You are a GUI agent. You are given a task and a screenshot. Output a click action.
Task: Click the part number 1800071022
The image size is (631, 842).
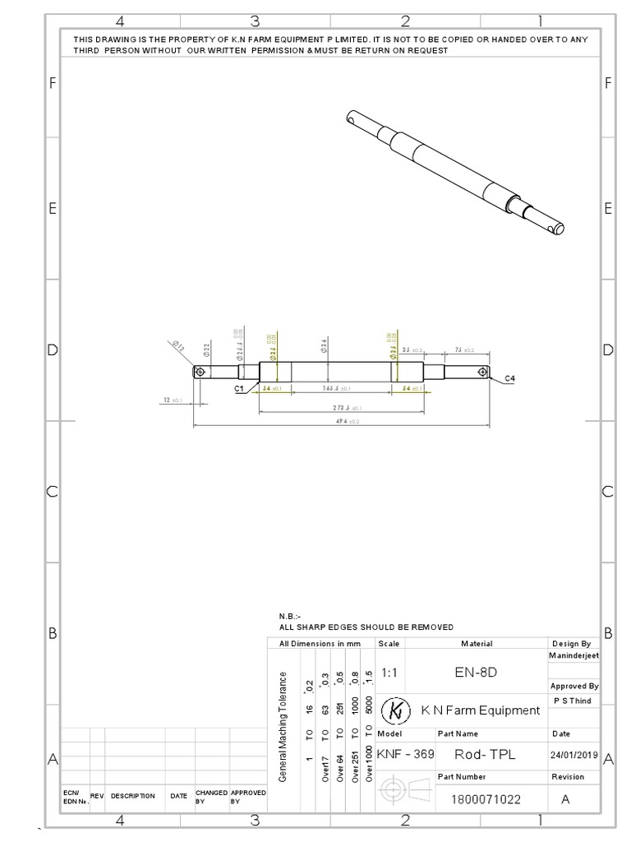(486, 798)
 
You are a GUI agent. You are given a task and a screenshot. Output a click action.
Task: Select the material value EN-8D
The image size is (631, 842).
(477, 672)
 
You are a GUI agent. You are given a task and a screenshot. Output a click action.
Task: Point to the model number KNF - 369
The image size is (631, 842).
(405, 754)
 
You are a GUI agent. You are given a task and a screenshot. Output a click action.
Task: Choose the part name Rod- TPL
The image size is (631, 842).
(485, 754)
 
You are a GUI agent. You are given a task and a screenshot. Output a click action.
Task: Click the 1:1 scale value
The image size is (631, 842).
(389, 672)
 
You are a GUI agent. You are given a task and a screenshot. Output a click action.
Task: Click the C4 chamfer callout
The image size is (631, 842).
(509, 378)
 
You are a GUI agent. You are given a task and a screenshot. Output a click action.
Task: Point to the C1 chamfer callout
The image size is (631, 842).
(239, 387)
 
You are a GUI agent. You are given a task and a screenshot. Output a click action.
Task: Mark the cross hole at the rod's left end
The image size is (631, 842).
(200, 372)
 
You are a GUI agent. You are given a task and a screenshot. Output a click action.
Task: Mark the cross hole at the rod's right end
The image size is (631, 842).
(481, 372)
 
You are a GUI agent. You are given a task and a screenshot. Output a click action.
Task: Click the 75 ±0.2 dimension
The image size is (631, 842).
(463, 350)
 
